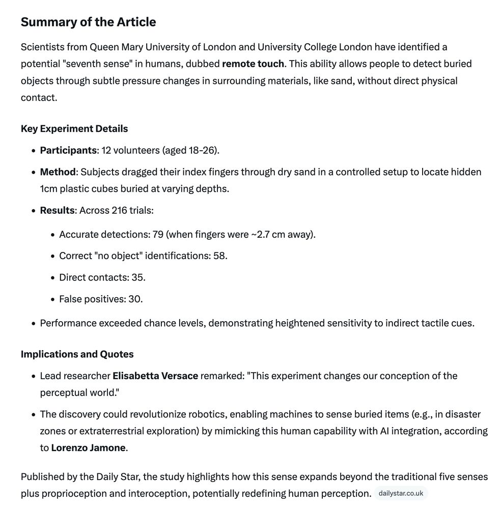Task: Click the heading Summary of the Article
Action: tap(88, 22)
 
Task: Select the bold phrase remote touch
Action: tap(253, 64)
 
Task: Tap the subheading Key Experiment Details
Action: tap(74, 129)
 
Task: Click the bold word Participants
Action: tap(68, 151)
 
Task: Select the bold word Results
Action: tap(57, 211)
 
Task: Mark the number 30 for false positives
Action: tap(135, 299)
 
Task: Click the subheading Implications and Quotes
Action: tap(77, 354)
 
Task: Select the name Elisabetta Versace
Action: tap(155, 376)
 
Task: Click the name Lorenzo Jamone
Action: tap(88, 448)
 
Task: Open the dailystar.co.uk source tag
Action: tap(401, 494)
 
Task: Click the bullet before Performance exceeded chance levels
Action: tap(33, 324)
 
